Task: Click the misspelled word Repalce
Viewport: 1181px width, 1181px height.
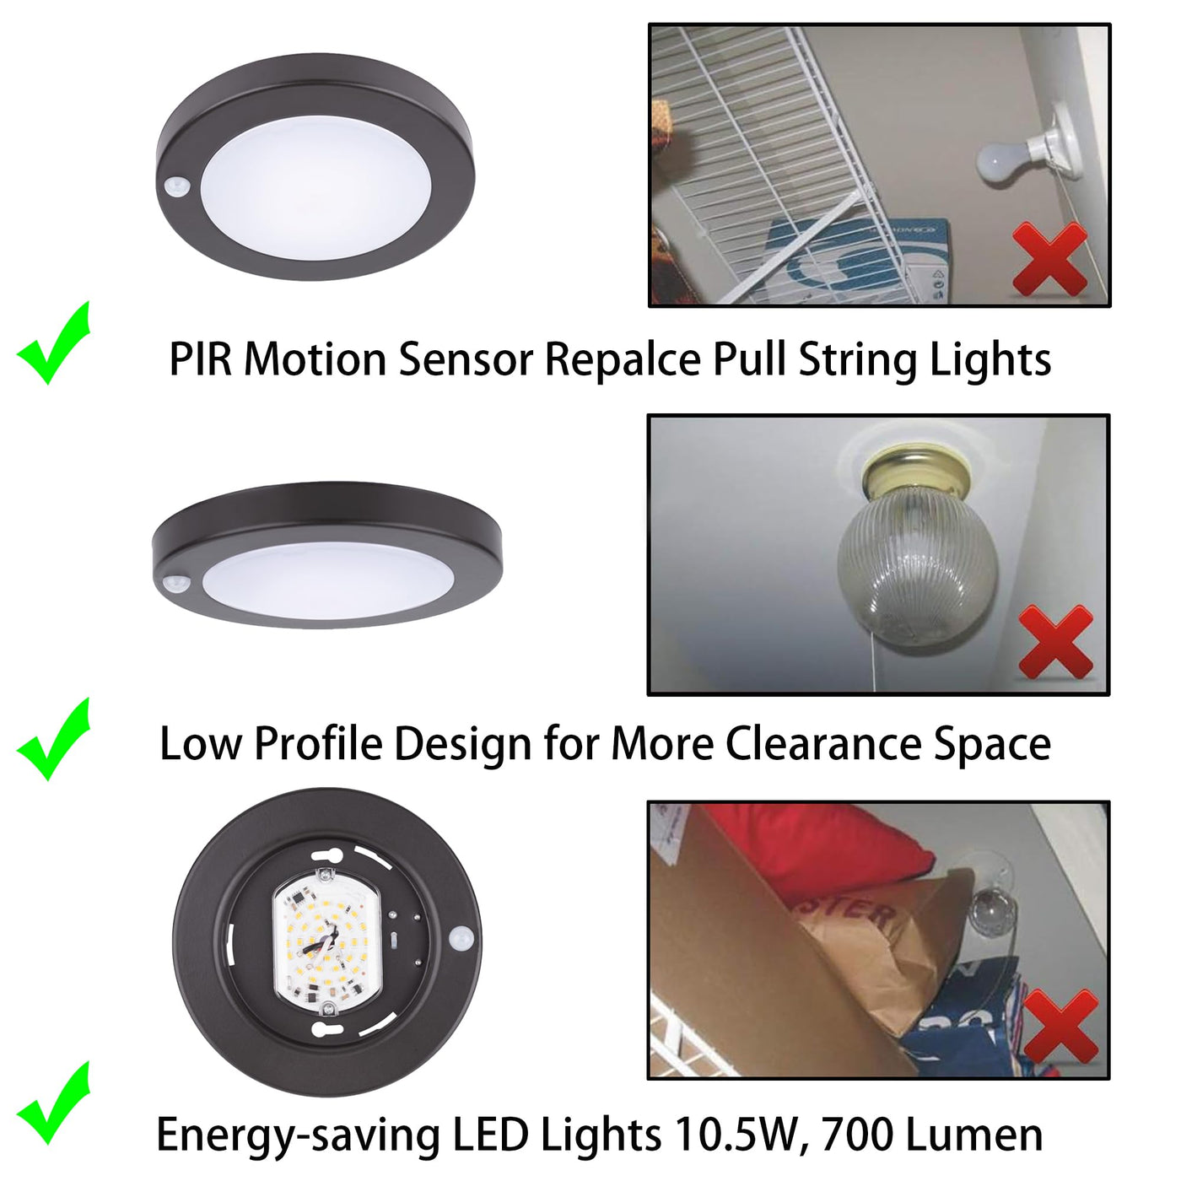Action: tap(623, 359)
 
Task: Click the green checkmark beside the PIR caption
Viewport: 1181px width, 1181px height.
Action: tap(54, 343)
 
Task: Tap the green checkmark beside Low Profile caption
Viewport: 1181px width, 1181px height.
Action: tap(54, 740)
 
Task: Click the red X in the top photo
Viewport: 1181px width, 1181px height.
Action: tap(1049, 259)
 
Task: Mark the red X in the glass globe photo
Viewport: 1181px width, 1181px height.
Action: tap(1055, 641)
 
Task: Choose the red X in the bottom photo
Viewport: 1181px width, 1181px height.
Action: tap(1061, 1026)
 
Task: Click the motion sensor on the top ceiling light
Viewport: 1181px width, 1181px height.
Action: tap(178, 186)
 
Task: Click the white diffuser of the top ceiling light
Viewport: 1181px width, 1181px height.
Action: tap(315, 188)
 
